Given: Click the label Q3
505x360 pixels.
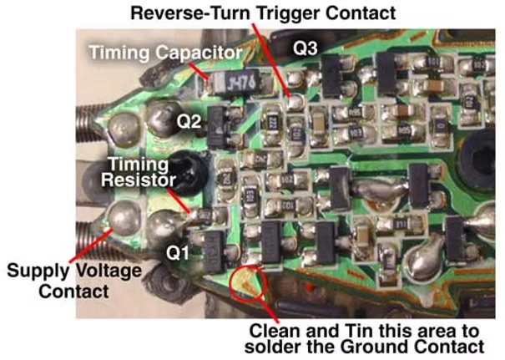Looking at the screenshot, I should [x=306, y=48].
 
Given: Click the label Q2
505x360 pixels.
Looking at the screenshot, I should [x=188, y=122].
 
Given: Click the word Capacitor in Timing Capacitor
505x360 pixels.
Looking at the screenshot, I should [x=203, y=53].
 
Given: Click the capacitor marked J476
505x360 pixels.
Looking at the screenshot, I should [x=235, y=81].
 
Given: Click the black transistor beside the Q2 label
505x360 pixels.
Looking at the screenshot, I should [x=222, y=121].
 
